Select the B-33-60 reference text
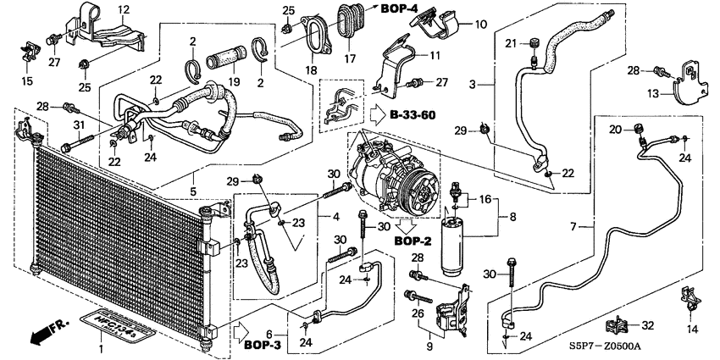413,114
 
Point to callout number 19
235,81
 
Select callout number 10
481,24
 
